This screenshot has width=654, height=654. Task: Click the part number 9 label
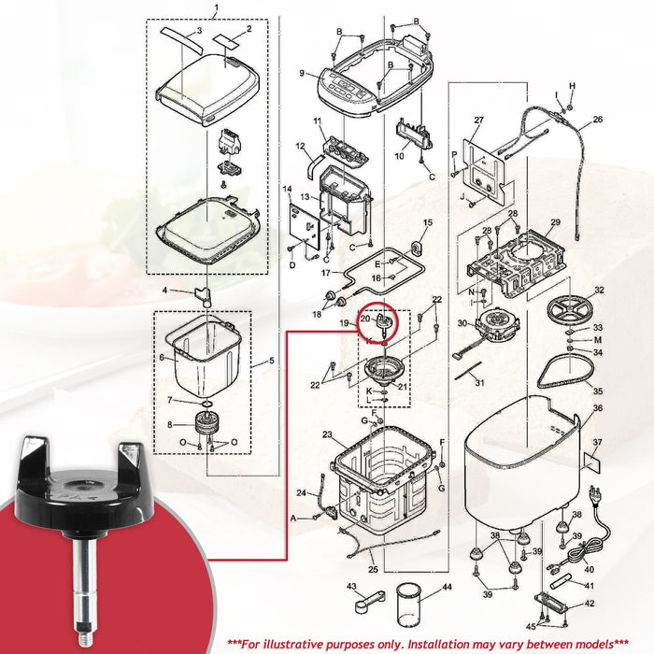[x=302, y=74]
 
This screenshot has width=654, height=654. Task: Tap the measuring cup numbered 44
[x=407, y=604]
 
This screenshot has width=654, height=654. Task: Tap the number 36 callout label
[x=598, y=408]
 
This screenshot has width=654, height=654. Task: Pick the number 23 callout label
[x=327, y=435]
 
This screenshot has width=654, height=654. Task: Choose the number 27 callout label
[x=478, y=121]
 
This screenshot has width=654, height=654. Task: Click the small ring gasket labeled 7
[x=206, y=404]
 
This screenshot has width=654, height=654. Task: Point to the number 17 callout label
[x=326, y=273]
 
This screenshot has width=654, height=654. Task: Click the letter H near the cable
[x=572, y=86]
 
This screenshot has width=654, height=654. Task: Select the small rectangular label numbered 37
[x=591, y=462]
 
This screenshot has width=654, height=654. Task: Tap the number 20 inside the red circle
[x=365, y=319]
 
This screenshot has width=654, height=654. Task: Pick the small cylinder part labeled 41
[x=562, y=582]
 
